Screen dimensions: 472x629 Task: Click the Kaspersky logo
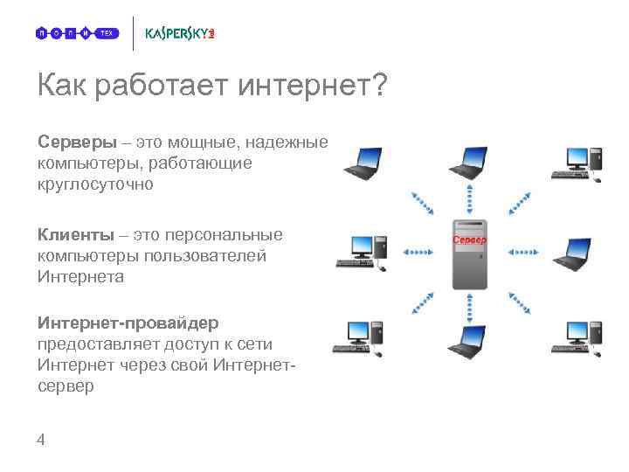tap(179, 34)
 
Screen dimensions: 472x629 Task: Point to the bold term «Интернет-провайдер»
tap(128, 323)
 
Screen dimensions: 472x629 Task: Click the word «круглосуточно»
tap(95, 184)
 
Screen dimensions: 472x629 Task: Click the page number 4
tap(41, 441)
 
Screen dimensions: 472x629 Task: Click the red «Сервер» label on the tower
tap(469, 239)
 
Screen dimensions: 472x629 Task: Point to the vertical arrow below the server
tap(469, 306)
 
